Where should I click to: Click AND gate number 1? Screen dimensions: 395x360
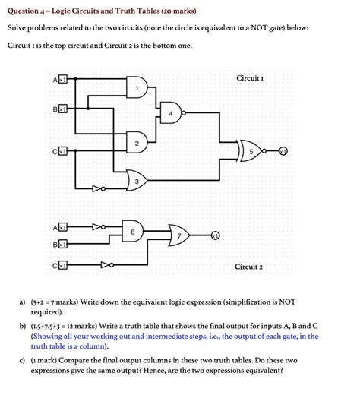[x=137, y=90]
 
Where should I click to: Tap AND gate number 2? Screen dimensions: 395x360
[x=137, y=144]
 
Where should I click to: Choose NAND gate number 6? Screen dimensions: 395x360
[x=133, y=230]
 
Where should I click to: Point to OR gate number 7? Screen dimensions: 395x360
[x=180, y=236]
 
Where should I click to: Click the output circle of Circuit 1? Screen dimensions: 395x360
[x=283, y=150]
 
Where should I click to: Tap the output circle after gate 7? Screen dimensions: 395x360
[x=216, y=235]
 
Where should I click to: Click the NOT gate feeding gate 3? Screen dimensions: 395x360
[x=98, y=188]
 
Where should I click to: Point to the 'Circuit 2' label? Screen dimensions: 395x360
[x=249, y=267]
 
